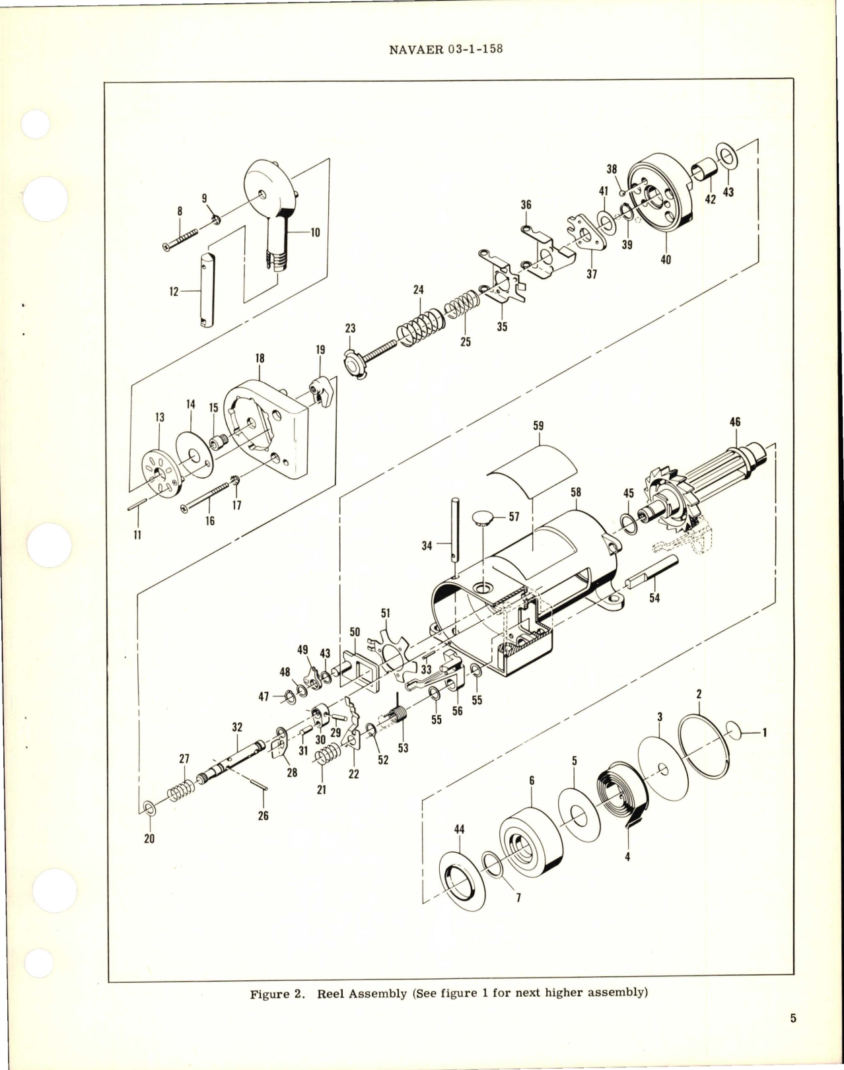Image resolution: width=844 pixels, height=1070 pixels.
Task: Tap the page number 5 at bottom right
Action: click(x=792, y=1037)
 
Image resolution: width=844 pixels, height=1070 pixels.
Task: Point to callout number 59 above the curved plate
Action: click(x=538, y=426)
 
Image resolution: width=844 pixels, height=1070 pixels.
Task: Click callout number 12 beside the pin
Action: click(x=174, y=290)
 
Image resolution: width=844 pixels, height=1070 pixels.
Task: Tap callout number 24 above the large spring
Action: click(x=418, y=290)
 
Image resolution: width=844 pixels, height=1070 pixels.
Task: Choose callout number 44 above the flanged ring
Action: click(x=460, y=829)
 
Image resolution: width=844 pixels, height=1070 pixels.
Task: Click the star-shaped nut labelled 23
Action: click(x=354, y=362)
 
